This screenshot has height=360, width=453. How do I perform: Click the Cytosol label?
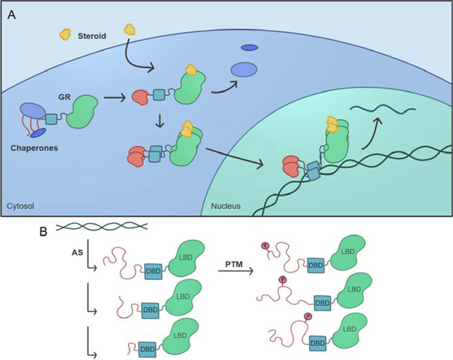tap(22, 207)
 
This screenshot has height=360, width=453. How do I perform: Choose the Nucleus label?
tap(227, 207)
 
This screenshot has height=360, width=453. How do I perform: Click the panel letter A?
tap(11, 13)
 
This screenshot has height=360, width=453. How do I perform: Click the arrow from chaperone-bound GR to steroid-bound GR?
tap(113, 98)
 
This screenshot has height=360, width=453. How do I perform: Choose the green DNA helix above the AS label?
tap(103, 224)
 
